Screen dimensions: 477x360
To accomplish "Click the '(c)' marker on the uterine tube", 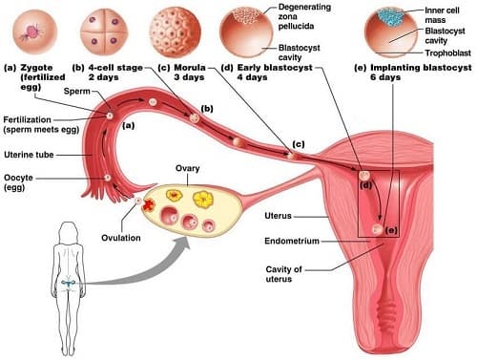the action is [x=298, y=144].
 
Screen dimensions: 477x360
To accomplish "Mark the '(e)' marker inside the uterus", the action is [x=391, y=230].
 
